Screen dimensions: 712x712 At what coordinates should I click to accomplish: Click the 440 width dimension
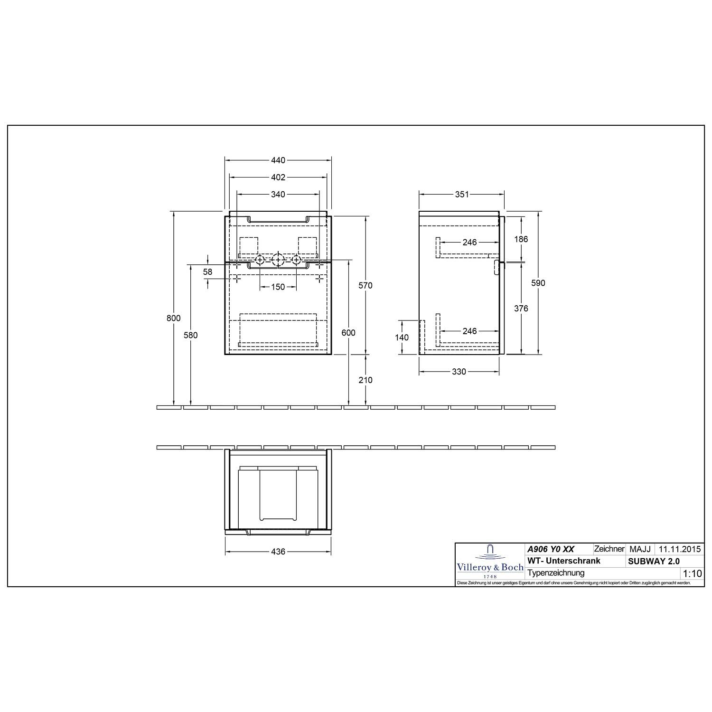pos(278,160)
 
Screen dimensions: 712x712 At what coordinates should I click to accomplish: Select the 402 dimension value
pos(278,177)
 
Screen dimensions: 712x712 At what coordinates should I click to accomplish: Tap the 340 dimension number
pos(278,194)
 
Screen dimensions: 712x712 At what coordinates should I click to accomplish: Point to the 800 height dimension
pos(174,318)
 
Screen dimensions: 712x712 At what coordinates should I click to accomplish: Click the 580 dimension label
pos(190,335)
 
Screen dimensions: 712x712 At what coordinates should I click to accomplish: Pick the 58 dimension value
pos(208,272)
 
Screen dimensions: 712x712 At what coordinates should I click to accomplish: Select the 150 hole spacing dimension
pos(278,287)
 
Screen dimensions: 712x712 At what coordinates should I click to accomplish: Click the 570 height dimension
pos(365,285)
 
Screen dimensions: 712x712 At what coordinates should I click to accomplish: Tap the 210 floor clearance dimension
pos(365,380)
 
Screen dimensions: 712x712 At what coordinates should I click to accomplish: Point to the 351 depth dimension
pos(462,194)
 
